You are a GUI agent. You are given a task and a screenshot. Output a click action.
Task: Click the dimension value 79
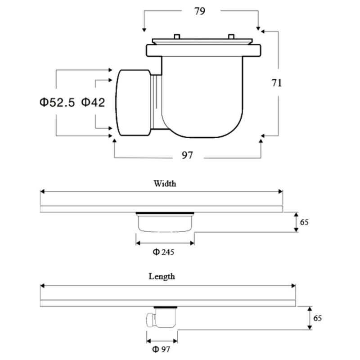pyautogui.click(x=200, y=12)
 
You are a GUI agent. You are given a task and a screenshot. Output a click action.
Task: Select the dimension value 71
pyautogui.click(x=276, y=83)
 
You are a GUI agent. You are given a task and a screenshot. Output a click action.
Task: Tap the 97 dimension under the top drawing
pyautogui.click(x=187, y=155)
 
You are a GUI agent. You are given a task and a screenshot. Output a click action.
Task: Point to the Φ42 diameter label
pyautogui.click(x=93, y=103)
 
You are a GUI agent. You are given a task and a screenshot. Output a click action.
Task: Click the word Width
pyautogui.click(x=165, y=184)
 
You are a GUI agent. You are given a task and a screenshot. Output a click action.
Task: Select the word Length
pyautogui.click(x=162, y=276)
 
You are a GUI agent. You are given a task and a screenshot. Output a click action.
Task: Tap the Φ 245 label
pyautogui.click(x=163, y=252)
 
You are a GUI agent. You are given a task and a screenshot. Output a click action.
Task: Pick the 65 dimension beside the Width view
pyautogui.click(x=305, y=222)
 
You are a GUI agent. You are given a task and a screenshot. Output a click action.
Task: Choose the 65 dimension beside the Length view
pyautogui.click(x=317, y=318)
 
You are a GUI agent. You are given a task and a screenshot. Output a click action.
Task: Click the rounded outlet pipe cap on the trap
pyautogui.click(x=132, y=103)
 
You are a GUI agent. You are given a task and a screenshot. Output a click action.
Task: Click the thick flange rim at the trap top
pyautogui.click(x=202, y=50)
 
